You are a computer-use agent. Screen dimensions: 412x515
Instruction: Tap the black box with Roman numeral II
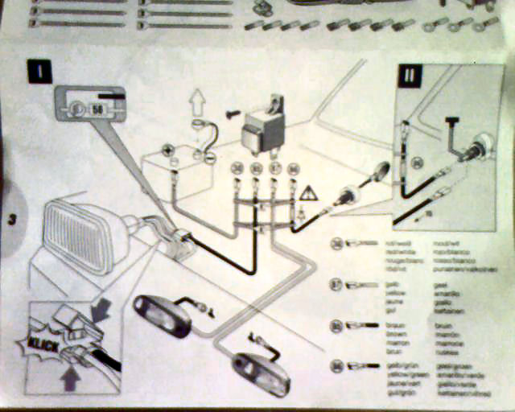(410, 77)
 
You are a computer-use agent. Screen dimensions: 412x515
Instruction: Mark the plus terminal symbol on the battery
(169, 150)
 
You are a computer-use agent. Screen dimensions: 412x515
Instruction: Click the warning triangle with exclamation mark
(308, 193)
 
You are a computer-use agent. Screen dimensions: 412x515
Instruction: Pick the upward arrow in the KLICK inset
(70, 377)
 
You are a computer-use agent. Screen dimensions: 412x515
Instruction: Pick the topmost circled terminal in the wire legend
(337, 243)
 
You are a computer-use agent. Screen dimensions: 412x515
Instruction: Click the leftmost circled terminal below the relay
(237, 168)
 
